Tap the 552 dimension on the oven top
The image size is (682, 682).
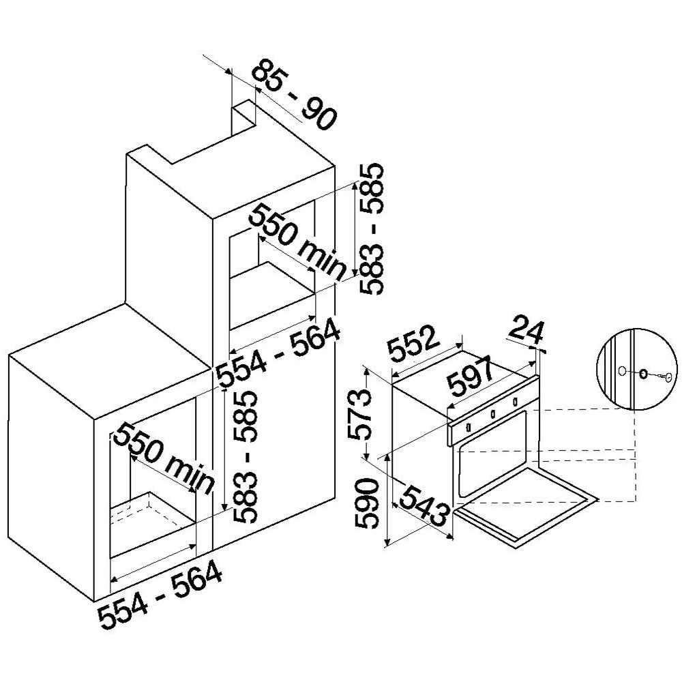pyautogui.click(x=412, y=344)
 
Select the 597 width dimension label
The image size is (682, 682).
pyautogui.click(x=470, y=375)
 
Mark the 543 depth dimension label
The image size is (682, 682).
pyautogui.click(x=424, y=505)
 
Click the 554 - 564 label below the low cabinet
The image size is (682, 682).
pyautogui.click(x=160, y=595)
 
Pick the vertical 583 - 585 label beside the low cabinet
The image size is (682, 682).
pyautogui.click(x=246, y=457)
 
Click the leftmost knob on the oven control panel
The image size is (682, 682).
pyautogui.click(x=469, y=427)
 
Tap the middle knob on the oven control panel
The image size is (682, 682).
pyautogui.click(x=493, y=415)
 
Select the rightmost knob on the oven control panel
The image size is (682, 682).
pyautogui.click(x=515, y=402)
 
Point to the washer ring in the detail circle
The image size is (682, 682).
pyautogui.click(x=643, y=373)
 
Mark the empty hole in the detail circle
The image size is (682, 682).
pyautogui.click(x=623, y=371)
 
